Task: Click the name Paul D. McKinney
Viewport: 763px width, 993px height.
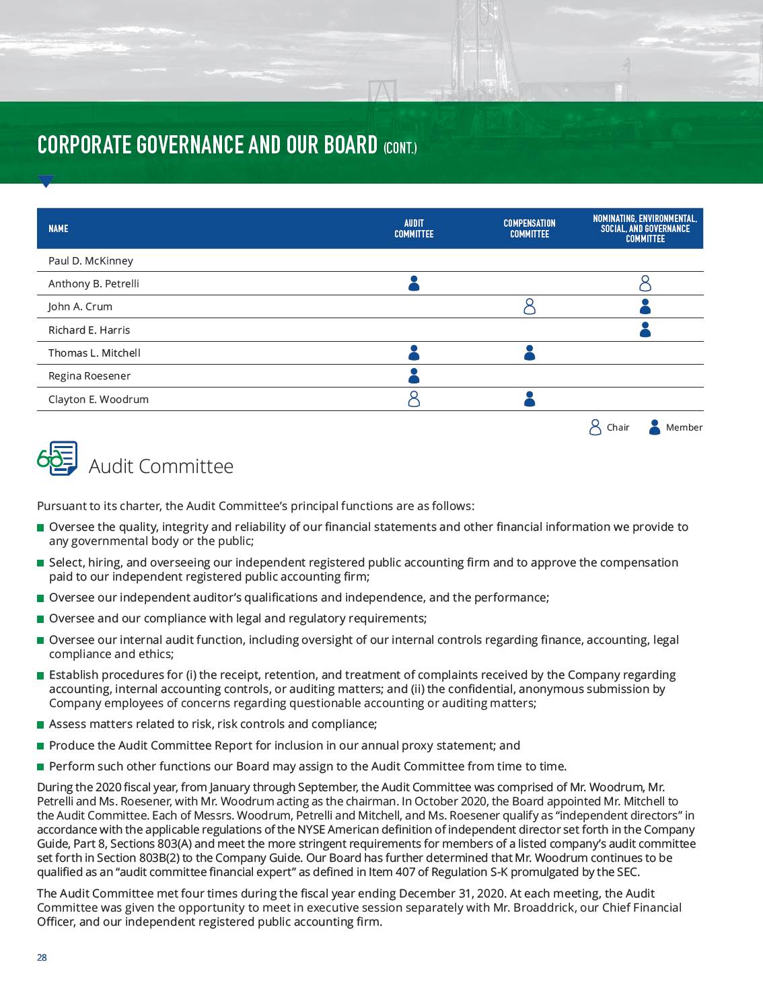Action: tap(91, 261)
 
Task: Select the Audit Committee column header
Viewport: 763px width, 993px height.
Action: tap(414, 229)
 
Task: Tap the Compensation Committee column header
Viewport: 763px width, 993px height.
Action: tap(530, 229)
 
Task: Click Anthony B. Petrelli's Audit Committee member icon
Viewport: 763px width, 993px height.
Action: tap(414, 283)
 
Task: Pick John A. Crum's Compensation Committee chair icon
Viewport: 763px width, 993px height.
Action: tap(530, 307)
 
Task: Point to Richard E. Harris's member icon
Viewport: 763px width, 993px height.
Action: tap(645, 330)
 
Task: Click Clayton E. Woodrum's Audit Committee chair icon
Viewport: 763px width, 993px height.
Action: tap(414, 399)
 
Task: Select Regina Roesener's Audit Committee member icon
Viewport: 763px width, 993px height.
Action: tap(414, 376)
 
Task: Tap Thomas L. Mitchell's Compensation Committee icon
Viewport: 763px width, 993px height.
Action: tap(530, 353)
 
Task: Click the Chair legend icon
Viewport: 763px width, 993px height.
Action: tap(595, 427)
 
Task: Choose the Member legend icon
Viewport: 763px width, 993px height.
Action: tap(655, 427)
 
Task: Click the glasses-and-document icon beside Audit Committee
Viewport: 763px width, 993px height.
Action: tap(57, 459)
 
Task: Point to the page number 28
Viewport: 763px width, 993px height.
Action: tap(42, 957)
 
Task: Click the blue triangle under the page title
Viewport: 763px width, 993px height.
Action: tap(46, 181)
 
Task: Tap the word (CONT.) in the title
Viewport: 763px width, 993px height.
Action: tap(400, 148)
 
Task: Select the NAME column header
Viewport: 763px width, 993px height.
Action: tap(59, 229)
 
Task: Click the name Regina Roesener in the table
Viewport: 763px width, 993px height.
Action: tap(89, 376)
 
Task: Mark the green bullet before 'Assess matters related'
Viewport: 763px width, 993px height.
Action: tap(40, 725)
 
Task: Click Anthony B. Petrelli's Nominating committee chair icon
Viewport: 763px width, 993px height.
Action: tap(645, 283)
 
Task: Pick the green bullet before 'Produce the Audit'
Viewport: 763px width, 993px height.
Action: tap(40, 746)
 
